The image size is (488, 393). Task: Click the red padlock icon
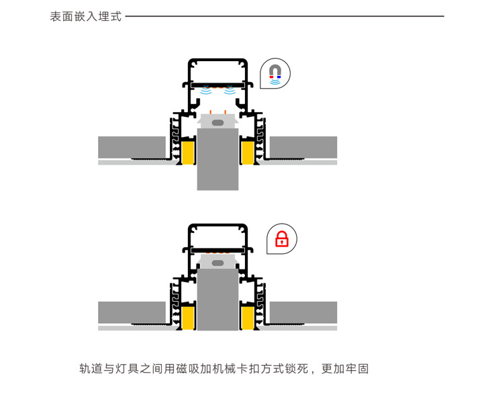[x=282, y=239]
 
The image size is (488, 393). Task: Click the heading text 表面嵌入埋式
[x=86, y=17]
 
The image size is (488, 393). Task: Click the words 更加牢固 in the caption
[x=345, y=368]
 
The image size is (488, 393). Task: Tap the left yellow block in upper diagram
[x=189, y=152]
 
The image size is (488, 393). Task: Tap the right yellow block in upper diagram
[x=248, y=152]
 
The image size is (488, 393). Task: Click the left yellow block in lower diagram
[x=189, y=318]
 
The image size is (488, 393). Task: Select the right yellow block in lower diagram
[x=248, y=318]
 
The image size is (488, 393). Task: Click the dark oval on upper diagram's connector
[x=218, y=122]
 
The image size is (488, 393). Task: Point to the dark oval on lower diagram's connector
[x=218, y=263]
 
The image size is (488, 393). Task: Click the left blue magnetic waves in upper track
[x=206, y=90]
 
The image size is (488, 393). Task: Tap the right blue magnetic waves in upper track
[x=230, y=90]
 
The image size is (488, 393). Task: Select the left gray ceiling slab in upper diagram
[x=132, y=147]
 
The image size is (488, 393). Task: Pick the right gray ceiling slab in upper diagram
[x=303, y=147]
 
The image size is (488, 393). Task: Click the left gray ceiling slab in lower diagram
[x=132, y=312]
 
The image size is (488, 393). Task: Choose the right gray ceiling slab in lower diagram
[x=303, y=312]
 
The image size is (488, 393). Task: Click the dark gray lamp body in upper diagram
[x=218, y=159]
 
